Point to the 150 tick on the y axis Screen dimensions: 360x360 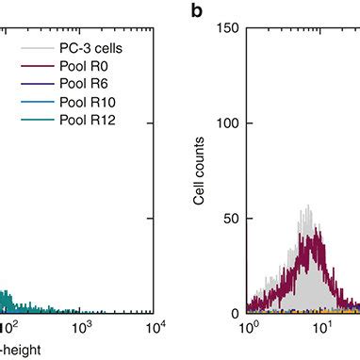[x=226, y=28]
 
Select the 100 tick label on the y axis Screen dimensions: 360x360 [x=226, y=123]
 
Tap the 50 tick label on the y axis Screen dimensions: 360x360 [x=229, y=218]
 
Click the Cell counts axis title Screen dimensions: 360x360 [x=197, y=171]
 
